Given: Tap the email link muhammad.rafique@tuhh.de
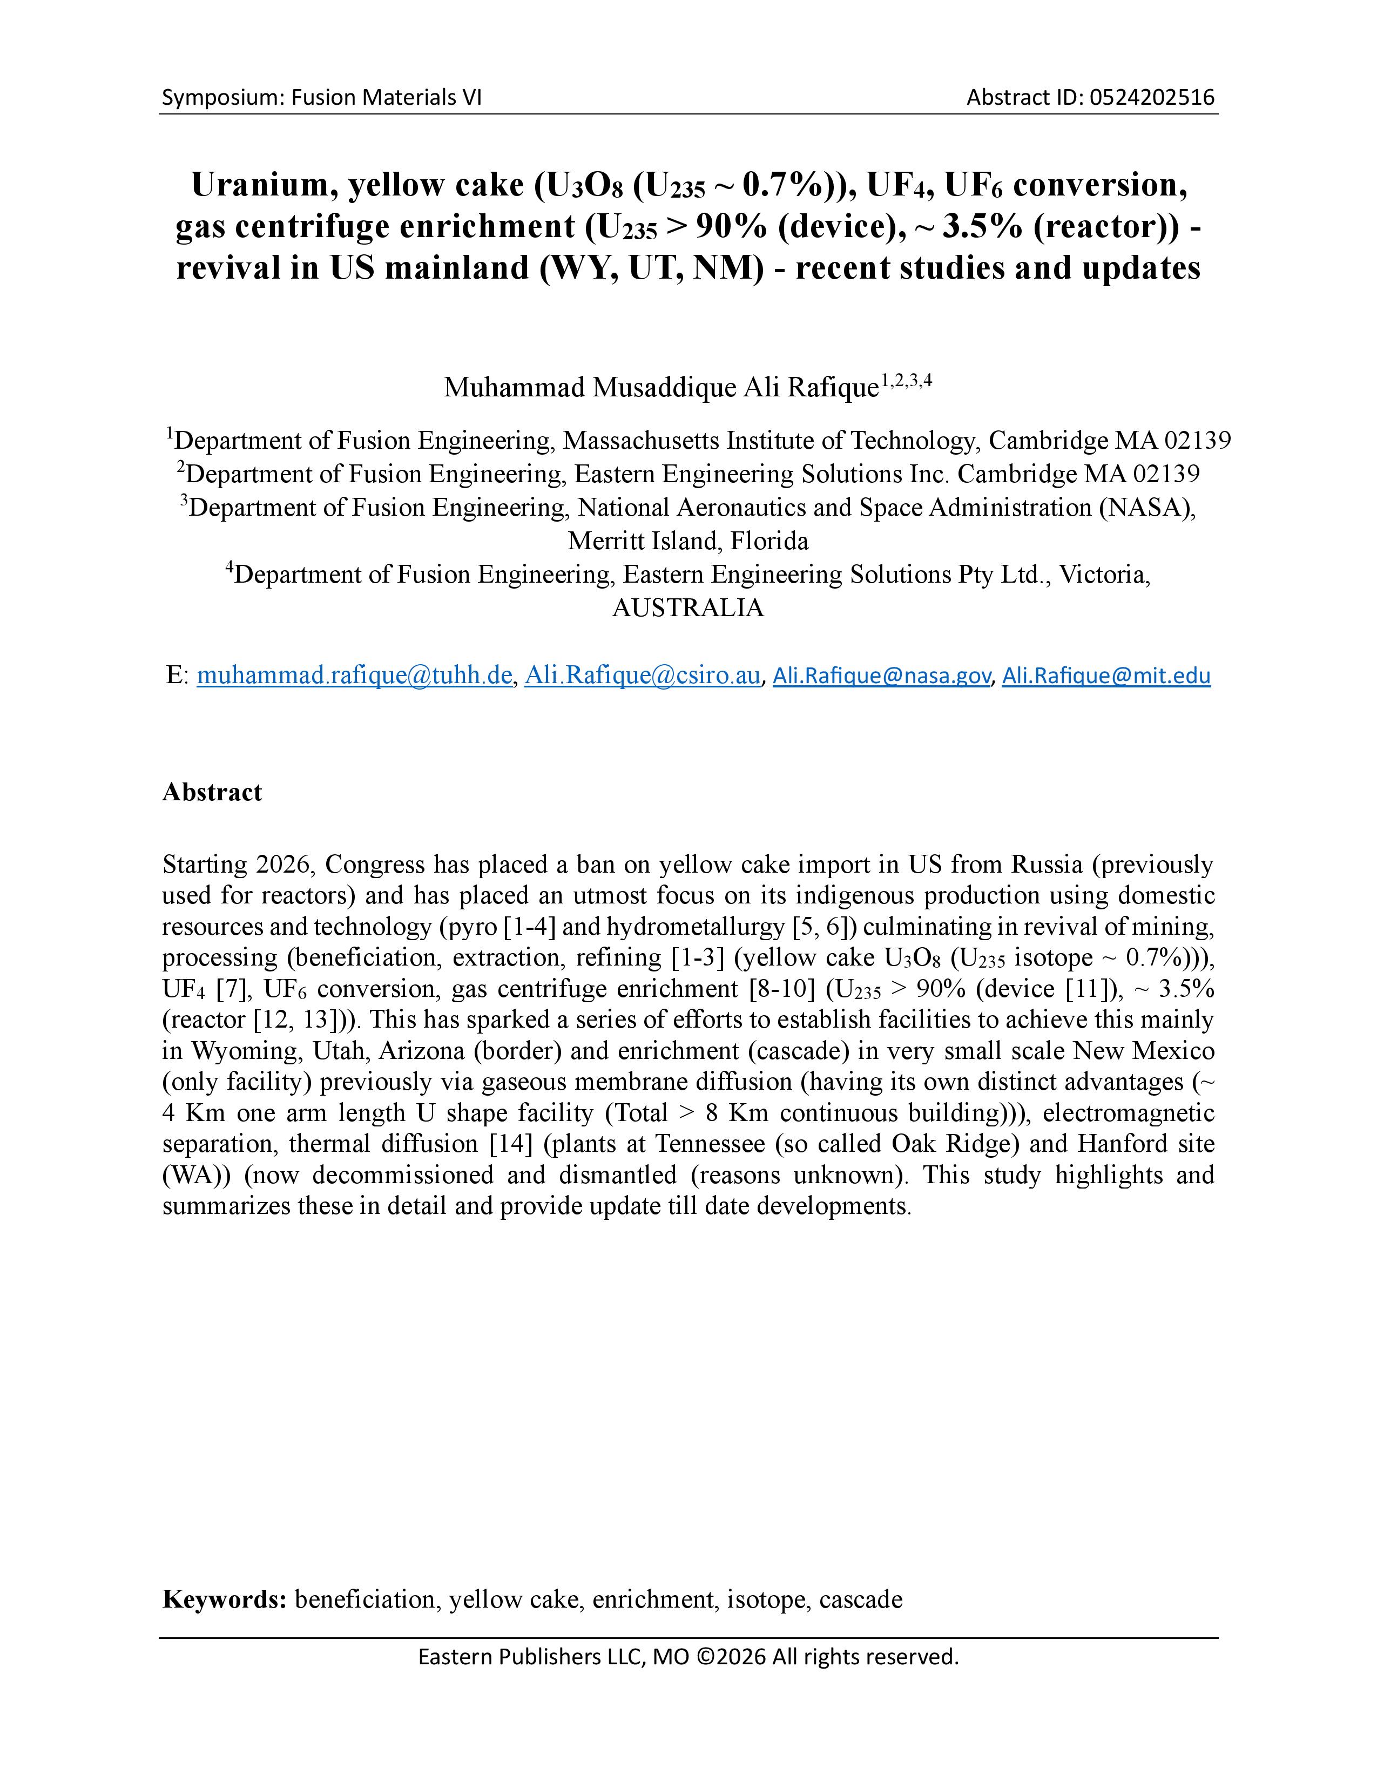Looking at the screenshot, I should coord(354,676).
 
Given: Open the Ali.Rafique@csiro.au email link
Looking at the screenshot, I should coord(642,676).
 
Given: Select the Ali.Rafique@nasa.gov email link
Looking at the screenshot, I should coord(882,676).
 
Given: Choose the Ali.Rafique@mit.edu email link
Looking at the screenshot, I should coord(1106,676).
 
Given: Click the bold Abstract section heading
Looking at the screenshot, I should coord(212,792).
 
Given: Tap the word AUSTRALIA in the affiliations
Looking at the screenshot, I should coord(687,609).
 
